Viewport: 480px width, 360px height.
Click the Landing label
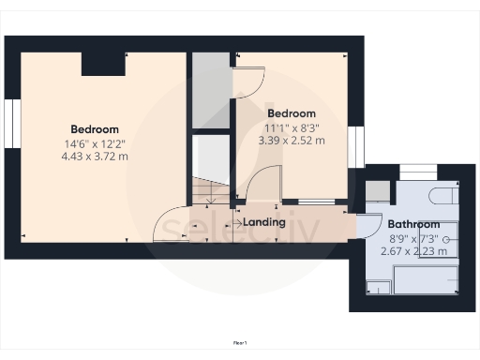pyautogui.click(x=264, y=223)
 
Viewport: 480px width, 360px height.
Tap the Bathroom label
pyautogui.click(x=413, y=224)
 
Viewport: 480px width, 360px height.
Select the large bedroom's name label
pyautogui.click(x=95, y=128)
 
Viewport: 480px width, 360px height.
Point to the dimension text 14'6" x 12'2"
pyautogui.click(x=95, y=143)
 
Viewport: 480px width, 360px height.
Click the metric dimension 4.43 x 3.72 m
pyautogui.click(x=95, y=157)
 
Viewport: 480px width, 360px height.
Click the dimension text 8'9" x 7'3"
pyautogui.click(x=413, y=239)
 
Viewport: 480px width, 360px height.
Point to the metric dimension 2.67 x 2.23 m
pyautogui.click(x=413, y=251)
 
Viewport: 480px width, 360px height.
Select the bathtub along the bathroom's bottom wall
pyautogui.click(x=427, y=280)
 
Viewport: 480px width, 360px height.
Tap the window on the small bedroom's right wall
pyautogui.click(x=355, y=147)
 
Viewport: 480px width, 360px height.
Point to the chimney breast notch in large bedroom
pyautogui.click(x=103, y=63)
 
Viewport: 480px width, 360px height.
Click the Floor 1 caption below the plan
pyautogui.click(x=240, y=343)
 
